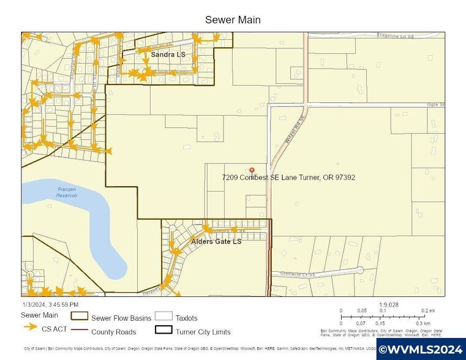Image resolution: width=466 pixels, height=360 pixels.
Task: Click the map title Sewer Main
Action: (x=233, y=20)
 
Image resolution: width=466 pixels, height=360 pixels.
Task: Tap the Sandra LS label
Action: (x=168, y=54)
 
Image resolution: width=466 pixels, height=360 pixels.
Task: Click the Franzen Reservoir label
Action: (x=67, y=192)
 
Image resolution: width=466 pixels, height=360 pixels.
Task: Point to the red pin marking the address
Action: (x=251, y=170)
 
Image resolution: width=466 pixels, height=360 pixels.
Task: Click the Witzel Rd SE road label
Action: (x=295, y=130)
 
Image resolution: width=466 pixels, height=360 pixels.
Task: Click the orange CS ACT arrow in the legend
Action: (x=29, y=328)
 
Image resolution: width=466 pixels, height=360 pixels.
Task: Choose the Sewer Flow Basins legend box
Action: (x=79, y=317)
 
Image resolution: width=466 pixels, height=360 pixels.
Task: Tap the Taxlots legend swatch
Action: (x=163, y=317)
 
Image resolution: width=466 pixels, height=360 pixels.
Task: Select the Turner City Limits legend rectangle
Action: (x=163, y=331)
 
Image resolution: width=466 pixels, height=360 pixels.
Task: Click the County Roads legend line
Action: (x=79, y=331)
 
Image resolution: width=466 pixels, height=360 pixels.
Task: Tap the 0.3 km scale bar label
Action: (x=423, y=323)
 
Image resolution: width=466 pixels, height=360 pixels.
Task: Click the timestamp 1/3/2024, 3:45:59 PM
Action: (x=50, y=304)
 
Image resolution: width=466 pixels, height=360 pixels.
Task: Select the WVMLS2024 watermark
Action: (x=420, y=350)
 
